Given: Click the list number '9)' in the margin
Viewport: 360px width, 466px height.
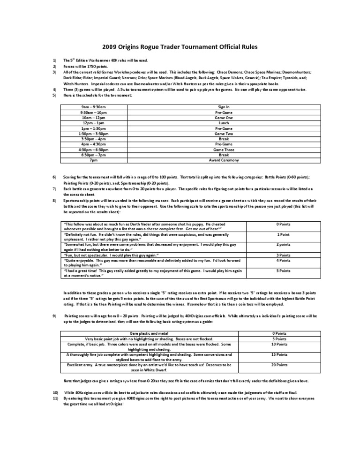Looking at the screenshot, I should [55, 317].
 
